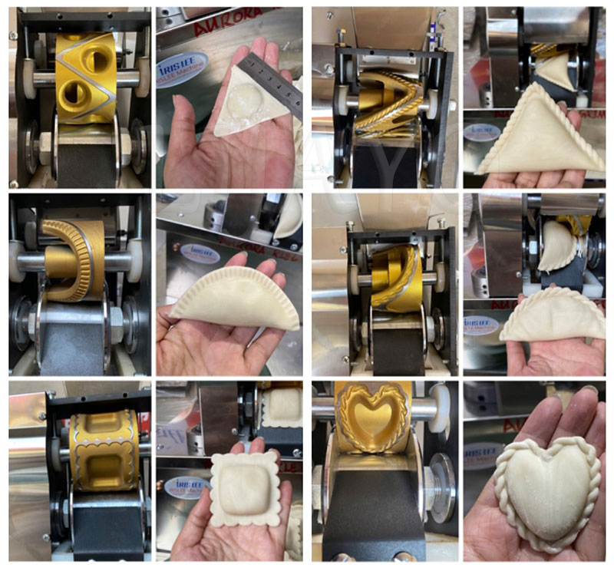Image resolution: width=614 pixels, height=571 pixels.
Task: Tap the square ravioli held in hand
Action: click(x=239, y=488)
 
